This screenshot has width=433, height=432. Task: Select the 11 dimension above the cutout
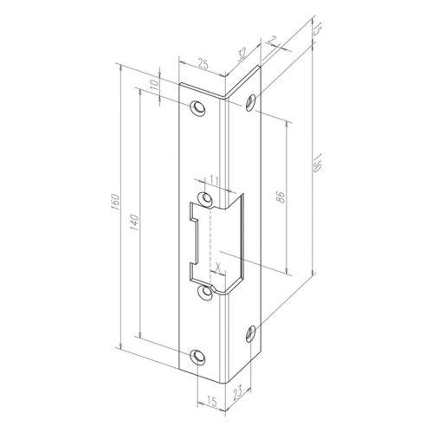pos(214,181)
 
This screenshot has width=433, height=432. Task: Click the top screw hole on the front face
pos(200,109)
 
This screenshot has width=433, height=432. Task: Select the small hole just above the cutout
pos(206,198)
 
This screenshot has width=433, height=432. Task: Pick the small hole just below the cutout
pos(206,292)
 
